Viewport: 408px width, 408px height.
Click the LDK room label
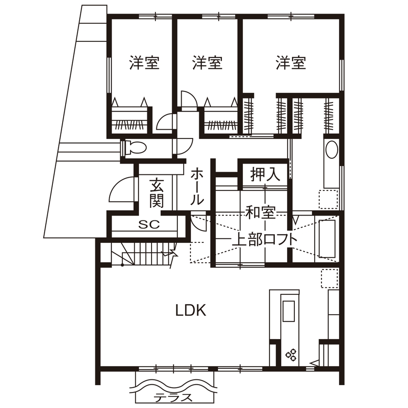coord(191,310)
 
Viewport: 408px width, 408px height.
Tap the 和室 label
coord(261,212)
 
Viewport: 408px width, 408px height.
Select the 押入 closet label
coord(265,175)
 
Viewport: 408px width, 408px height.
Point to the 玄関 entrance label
coord(156,193)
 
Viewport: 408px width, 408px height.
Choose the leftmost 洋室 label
coord(144,63)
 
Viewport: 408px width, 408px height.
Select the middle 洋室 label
coord(207,63)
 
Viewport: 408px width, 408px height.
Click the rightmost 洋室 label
coord(291,63)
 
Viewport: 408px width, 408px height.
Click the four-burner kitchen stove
coord(292,355)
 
